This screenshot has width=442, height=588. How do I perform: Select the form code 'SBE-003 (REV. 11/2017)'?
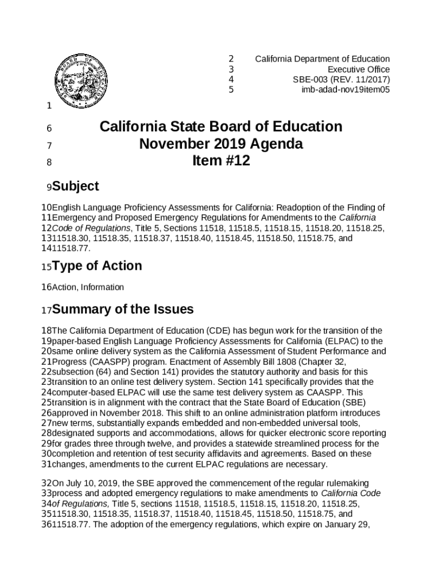342,79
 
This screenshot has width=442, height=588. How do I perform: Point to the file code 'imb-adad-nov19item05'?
346,90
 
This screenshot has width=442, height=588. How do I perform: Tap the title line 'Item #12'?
221,161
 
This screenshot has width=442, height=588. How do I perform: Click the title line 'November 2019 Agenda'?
221,144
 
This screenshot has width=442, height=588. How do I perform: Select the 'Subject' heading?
75,186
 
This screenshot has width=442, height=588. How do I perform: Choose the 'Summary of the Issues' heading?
122,310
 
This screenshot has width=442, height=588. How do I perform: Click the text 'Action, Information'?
87,287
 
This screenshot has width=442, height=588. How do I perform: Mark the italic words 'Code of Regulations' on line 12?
91,228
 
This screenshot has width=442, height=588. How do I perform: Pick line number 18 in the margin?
46,331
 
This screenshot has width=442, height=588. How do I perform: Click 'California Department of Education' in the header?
322,59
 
